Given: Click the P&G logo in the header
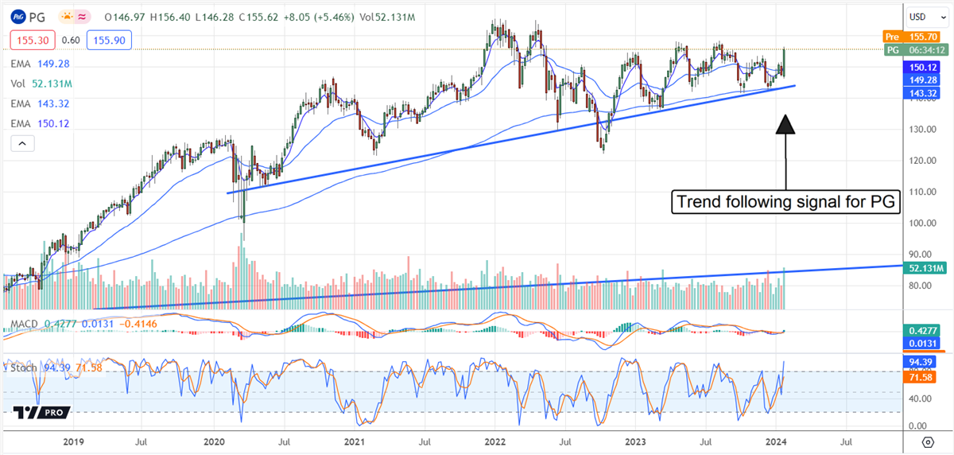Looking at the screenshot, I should (17, 16).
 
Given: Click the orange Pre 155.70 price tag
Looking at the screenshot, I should (913, 37).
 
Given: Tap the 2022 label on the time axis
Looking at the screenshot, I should (495, 441).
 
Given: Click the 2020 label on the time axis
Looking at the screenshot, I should (215, 441).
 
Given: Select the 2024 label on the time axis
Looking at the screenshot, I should (775, 441).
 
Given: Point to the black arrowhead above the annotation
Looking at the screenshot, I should (785, 125).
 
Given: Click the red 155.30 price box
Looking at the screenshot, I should (29, 39).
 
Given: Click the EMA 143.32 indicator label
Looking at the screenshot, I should (41, 103).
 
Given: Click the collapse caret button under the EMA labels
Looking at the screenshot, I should (22, 143).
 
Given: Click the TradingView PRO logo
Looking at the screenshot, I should (41, 412).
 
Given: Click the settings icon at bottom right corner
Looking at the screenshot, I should (927, 441).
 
